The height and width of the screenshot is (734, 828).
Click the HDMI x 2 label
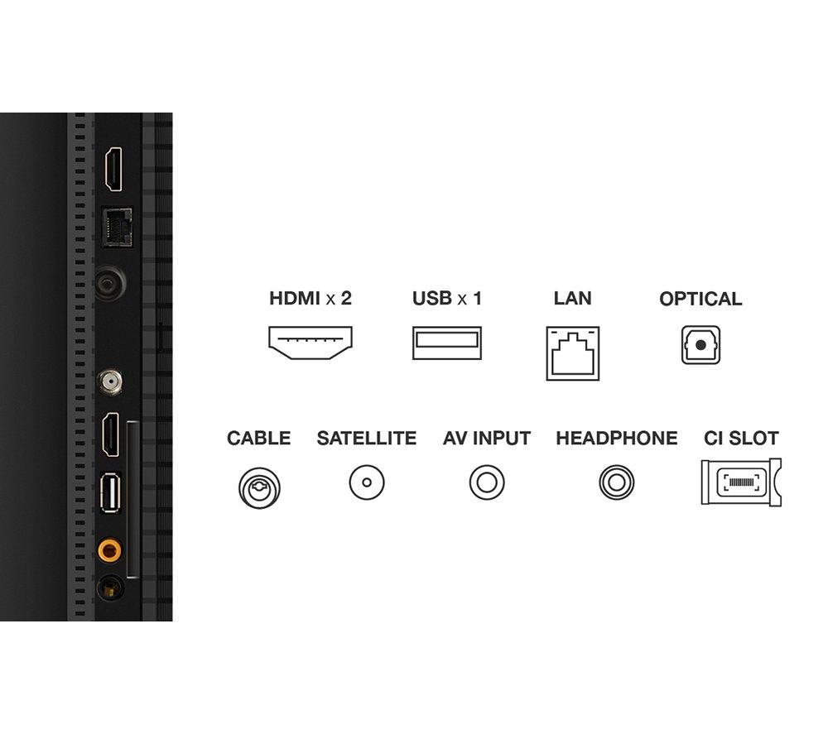310,298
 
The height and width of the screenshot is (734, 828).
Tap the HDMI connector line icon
310,343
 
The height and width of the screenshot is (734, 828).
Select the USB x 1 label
447,298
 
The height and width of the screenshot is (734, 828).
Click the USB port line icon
447,343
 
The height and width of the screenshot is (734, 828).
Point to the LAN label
573,298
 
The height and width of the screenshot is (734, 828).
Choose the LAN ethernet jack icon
573,353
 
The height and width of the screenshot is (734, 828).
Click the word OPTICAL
700,299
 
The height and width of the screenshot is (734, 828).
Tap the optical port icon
700,345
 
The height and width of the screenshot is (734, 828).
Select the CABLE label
259,439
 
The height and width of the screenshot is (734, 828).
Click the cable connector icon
259,487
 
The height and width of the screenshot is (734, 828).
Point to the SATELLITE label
367,439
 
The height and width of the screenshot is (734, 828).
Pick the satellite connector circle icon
367,482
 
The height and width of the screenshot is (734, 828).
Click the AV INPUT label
487,439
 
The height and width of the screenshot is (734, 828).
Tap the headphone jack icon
617,482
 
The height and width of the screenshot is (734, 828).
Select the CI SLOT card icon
741,482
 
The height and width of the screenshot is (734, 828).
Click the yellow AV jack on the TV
107,548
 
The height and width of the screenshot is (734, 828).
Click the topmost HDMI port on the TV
112,170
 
